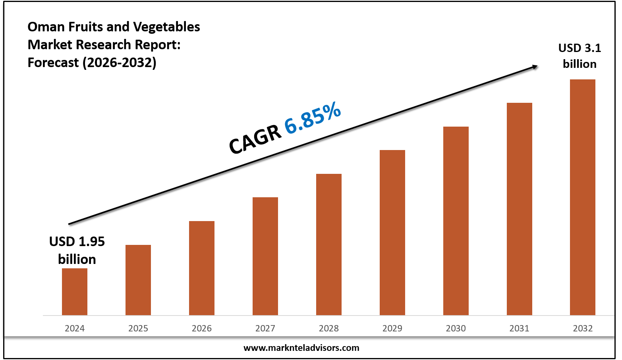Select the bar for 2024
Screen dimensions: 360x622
click(75, 292)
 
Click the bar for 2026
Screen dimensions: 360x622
click(202, 268)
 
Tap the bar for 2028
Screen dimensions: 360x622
click(329, 244)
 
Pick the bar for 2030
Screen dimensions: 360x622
click(456, 221)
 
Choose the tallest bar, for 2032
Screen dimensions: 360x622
click(583, 197)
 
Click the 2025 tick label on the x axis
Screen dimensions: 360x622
click(138, 328)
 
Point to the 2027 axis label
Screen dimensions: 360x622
click(265, 328)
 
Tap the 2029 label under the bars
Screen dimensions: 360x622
click(392, 328)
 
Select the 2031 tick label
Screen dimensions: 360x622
click(520, 328)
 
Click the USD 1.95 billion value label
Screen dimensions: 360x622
click(77, 250)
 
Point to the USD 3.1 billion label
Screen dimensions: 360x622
click(580, 56)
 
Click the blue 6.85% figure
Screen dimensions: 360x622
click(313, 118)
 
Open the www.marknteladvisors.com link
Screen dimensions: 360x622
click(301, 348)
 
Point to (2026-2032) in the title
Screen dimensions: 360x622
click(120, 62)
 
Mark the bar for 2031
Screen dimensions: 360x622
click(520, 209)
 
